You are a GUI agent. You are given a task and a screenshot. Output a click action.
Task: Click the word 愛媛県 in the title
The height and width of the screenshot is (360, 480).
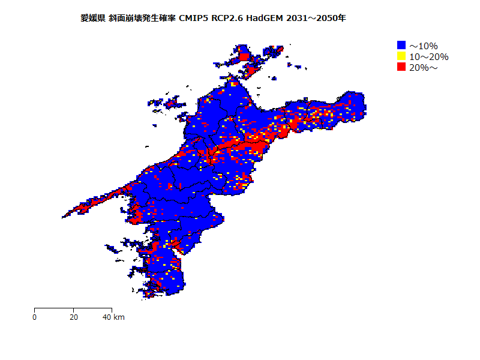pos(93,18)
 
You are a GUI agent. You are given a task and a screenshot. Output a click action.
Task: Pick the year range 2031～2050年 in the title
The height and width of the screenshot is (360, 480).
pos(316,18)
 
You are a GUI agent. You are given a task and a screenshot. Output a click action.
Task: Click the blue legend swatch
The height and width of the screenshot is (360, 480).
pos(401,45)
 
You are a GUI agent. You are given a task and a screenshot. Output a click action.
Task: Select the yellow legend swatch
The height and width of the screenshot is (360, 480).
pos(401,56)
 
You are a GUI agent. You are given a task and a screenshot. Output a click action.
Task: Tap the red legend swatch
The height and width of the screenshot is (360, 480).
pos(401,67)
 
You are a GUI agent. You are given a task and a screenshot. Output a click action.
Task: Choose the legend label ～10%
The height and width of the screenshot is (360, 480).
pos(424,46)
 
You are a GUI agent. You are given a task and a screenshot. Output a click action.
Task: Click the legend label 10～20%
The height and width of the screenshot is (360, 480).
pos(428,57)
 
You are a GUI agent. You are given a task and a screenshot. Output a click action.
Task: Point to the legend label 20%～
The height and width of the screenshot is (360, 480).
pos(424,68)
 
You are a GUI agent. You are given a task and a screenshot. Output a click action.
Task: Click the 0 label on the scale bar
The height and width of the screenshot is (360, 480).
pos(35,317)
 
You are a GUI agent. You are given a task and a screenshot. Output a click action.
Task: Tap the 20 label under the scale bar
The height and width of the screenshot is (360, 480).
pos(73,317)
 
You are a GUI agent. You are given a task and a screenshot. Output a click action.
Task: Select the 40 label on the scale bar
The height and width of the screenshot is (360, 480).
pos(107,317)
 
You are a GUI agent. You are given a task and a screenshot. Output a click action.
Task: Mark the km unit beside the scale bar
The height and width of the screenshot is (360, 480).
pos(119,317)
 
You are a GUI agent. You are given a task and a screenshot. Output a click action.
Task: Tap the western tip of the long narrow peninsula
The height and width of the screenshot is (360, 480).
pos(63,217)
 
